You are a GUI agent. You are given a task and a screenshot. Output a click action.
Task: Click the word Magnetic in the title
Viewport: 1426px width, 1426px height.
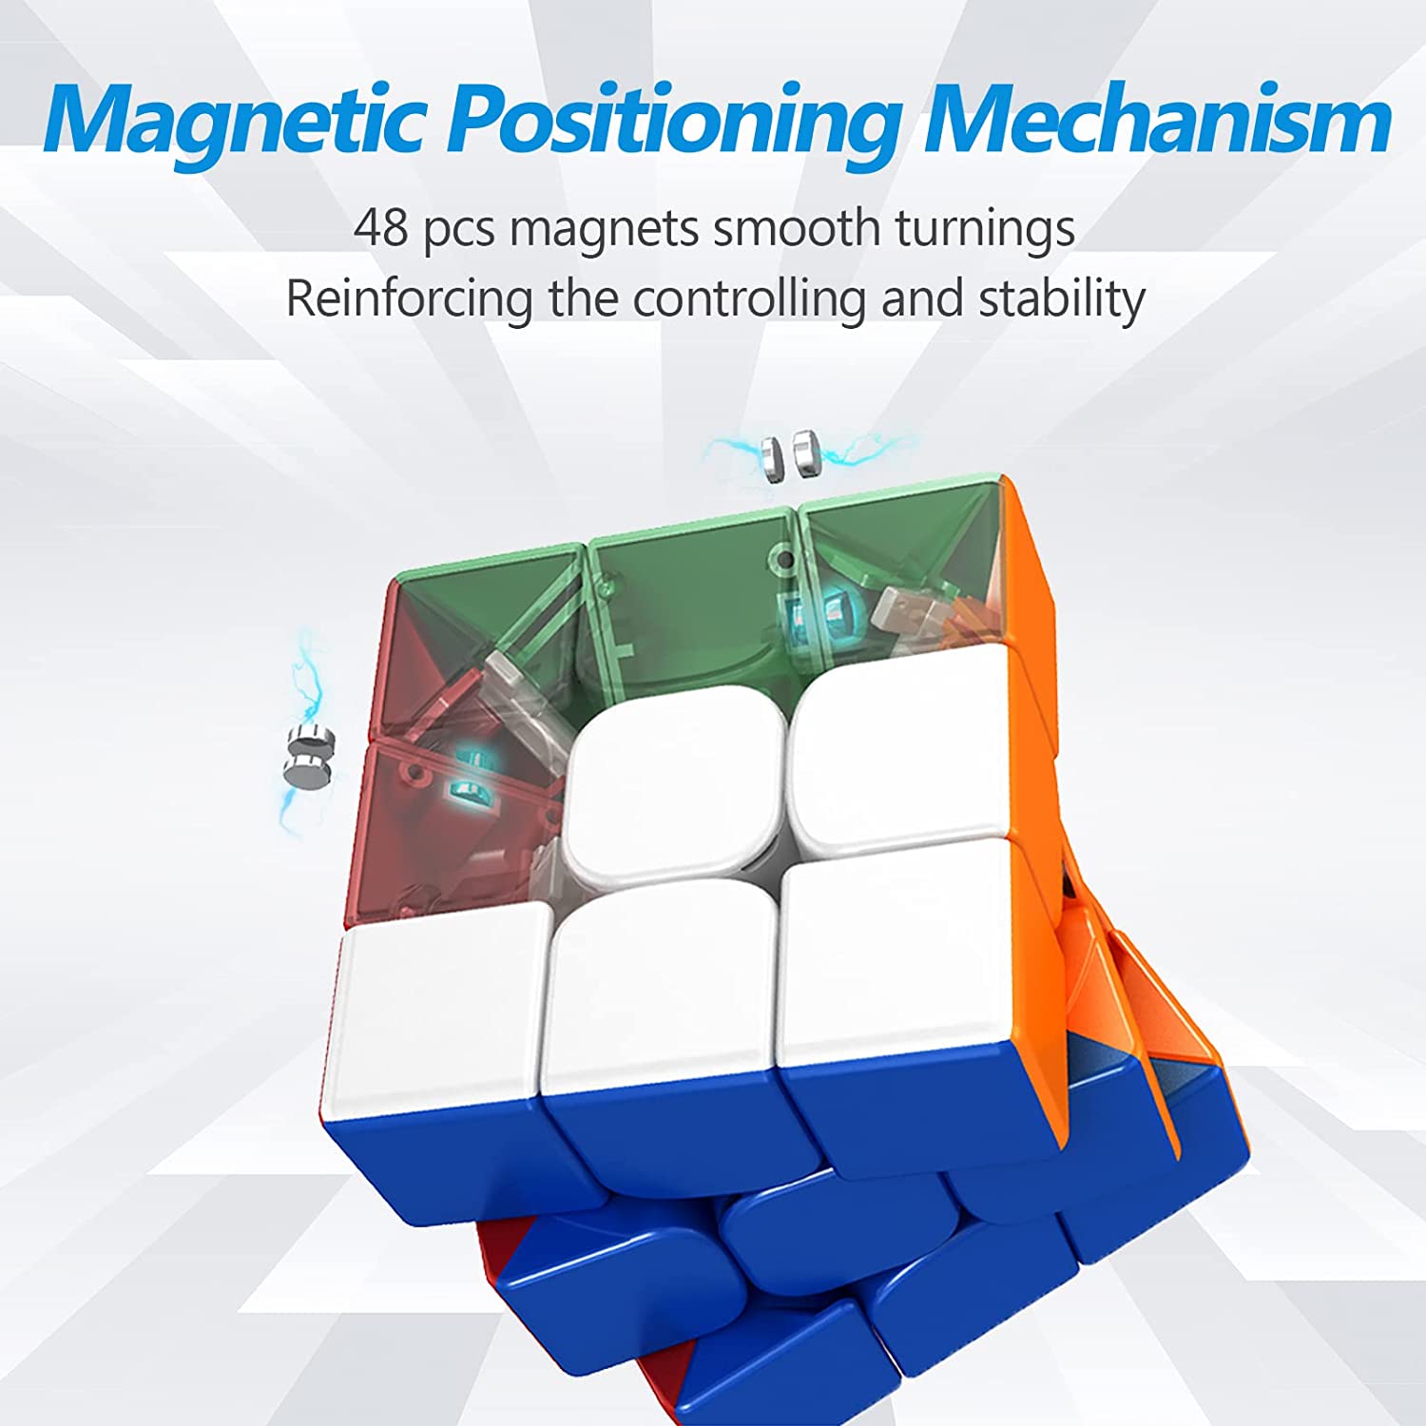click(x=233, y=122)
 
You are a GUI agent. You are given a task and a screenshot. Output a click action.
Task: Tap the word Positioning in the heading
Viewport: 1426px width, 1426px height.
click(x=675, y=122)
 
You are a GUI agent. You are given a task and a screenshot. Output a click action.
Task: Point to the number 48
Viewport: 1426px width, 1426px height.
click(x=380, y=229)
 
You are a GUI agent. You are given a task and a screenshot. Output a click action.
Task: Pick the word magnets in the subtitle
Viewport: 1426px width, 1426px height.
click(x=605, y=229)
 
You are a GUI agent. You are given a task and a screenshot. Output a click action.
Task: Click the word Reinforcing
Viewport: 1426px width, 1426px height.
click(x=409, y=299)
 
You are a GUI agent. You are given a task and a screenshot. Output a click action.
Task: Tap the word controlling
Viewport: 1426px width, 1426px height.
click(x=749, y=299)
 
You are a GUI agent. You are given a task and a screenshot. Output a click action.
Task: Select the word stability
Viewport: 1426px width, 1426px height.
click(x=1062, y=299)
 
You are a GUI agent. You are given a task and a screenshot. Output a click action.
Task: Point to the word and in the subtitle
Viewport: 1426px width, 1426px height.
click(x=921, y=299)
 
